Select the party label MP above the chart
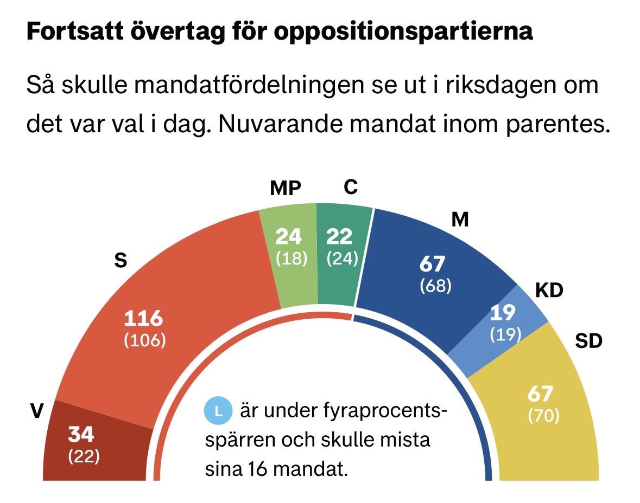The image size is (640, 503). pos(286,188)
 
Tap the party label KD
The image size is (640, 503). pos(549,291)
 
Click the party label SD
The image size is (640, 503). pos(588,341)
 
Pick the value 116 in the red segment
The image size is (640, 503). pos(143,318)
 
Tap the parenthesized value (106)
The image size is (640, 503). pos(144,341)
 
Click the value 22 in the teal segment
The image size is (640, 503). pos(340,236)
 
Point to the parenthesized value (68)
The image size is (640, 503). pos(435,285)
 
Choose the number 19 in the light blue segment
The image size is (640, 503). pos(503,313)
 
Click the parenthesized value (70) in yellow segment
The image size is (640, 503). pos(543,416)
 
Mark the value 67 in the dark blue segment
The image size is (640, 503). pos(433,264)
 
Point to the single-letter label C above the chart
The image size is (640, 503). pos(351,187)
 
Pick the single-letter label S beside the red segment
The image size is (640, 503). pos(121,261)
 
